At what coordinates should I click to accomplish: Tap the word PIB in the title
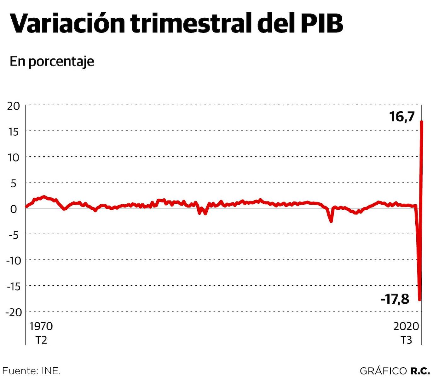tap(321, 24)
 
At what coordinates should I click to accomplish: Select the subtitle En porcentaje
tap(52, 61)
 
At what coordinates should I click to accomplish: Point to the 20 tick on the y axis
tap(14, 106)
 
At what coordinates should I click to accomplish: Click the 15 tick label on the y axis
tap(14, 132)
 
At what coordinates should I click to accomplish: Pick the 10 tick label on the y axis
tap(14, 157)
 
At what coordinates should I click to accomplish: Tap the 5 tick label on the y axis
tap(14, 183)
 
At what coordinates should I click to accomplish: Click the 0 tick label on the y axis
tap(14, 209)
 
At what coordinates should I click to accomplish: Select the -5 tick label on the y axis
tap(12, 235)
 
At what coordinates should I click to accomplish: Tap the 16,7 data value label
tap(402, 117)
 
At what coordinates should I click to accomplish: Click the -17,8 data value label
tap(395, 299)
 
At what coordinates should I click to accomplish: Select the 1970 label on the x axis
tap(41, 326)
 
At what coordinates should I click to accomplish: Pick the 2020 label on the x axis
tap(406, 326)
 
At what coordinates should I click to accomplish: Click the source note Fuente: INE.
tap(32, 370)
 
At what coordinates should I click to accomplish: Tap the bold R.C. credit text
tap(420, 371)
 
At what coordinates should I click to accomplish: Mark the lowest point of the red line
tap(419, 300)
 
